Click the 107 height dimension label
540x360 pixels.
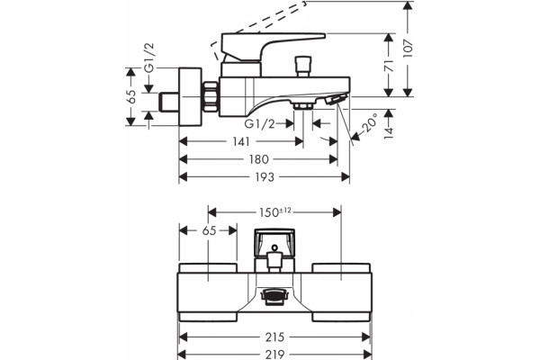click(x=408, y=48)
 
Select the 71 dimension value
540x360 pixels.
click(x=389, y=66)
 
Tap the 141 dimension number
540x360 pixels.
click(x=240, y=141)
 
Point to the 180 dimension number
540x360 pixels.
click(x=259, y=159)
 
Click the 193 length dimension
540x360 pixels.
click(x=265, y=177)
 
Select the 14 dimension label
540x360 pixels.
click(x=389, y=132)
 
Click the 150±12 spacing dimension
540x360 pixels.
click(x=275, y=212)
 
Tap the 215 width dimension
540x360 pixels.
click(x=274, y=337)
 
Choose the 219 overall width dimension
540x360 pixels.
click(x=274, y=355)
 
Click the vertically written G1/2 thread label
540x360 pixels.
click(x=149, y=58)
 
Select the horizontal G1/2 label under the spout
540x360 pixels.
click(x=260, y=123)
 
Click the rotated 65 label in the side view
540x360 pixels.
click(x=130, y=97)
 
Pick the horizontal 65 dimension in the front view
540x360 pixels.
click(x=209, y=230)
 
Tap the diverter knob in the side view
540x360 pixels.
click(x=303, y=67)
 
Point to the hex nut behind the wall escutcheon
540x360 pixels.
click(x=210, y=96)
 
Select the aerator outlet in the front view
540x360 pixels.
click(x=274, y=297)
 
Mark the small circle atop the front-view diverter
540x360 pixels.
click(x=274, y=247)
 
